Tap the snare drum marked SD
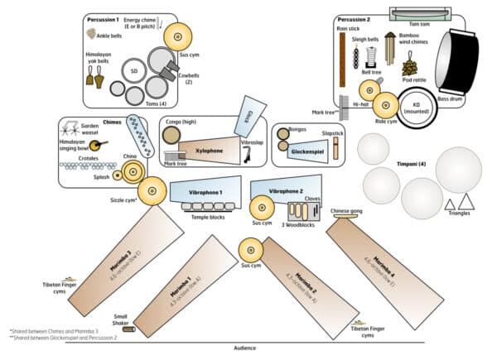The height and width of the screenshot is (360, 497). [x=134, y=71]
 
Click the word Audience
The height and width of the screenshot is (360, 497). [x=239, y=348]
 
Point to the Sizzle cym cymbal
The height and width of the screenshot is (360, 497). [x=152, y=192]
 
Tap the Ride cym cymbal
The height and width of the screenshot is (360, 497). [x=385, y=104]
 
